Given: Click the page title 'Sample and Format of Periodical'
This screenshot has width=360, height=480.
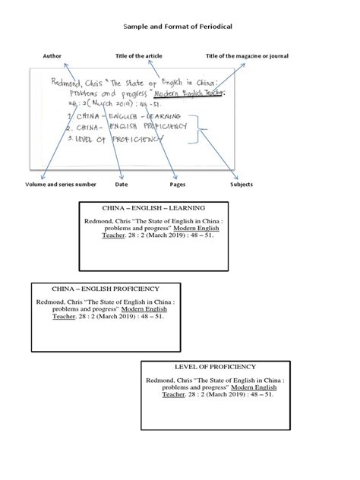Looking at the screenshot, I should point(178,27).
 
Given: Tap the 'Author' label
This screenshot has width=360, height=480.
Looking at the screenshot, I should point(52,55).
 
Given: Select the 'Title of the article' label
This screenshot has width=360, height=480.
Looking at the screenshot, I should point(138,55).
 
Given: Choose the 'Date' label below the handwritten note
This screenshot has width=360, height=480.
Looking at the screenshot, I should point(122,185).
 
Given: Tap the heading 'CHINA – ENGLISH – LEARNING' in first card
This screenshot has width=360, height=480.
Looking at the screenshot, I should point(153,207).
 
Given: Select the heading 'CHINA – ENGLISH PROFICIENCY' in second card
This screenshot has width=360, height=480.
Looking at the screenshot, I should point(105,289).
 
